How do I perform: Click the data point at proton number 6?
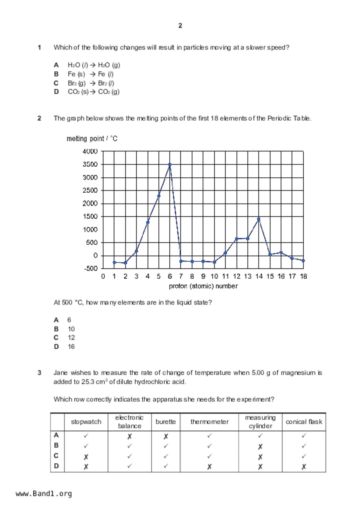pos(170,165)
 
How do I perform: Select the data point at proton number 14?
pos(259,219)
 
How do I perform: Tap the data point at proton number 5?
pos(159,196)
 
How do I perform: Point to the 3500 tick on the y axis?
pos(90,164)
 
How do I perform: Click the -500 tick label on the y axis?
pos(91,268)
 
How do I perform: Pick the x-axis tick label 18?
pos(303,276)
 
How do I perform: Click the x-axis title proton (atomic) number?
pos(203,286)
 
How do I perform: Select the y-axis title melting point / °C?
pos(92,139)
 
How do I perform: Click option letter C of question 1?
pos(56,83)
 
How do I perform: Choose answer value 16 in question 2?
pos(71,347)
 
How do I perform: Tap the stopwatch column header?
pos(86,422)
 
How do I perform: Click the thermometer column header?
pos(209,422)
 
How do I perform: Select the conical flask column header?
pos(304,422)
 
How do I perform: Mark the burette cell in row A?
pos(166,436)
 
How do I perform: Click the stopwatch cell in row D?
pos(86,467)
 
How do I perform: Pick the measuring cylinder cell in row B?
pos(260,446)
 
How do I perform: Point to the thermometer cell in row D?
pos(209,467)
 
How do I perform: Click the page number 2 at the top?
pos(180,26)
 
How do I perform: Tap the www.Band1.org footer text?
pos(44,494)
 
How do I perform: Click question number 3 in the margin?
pos(40,373)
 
